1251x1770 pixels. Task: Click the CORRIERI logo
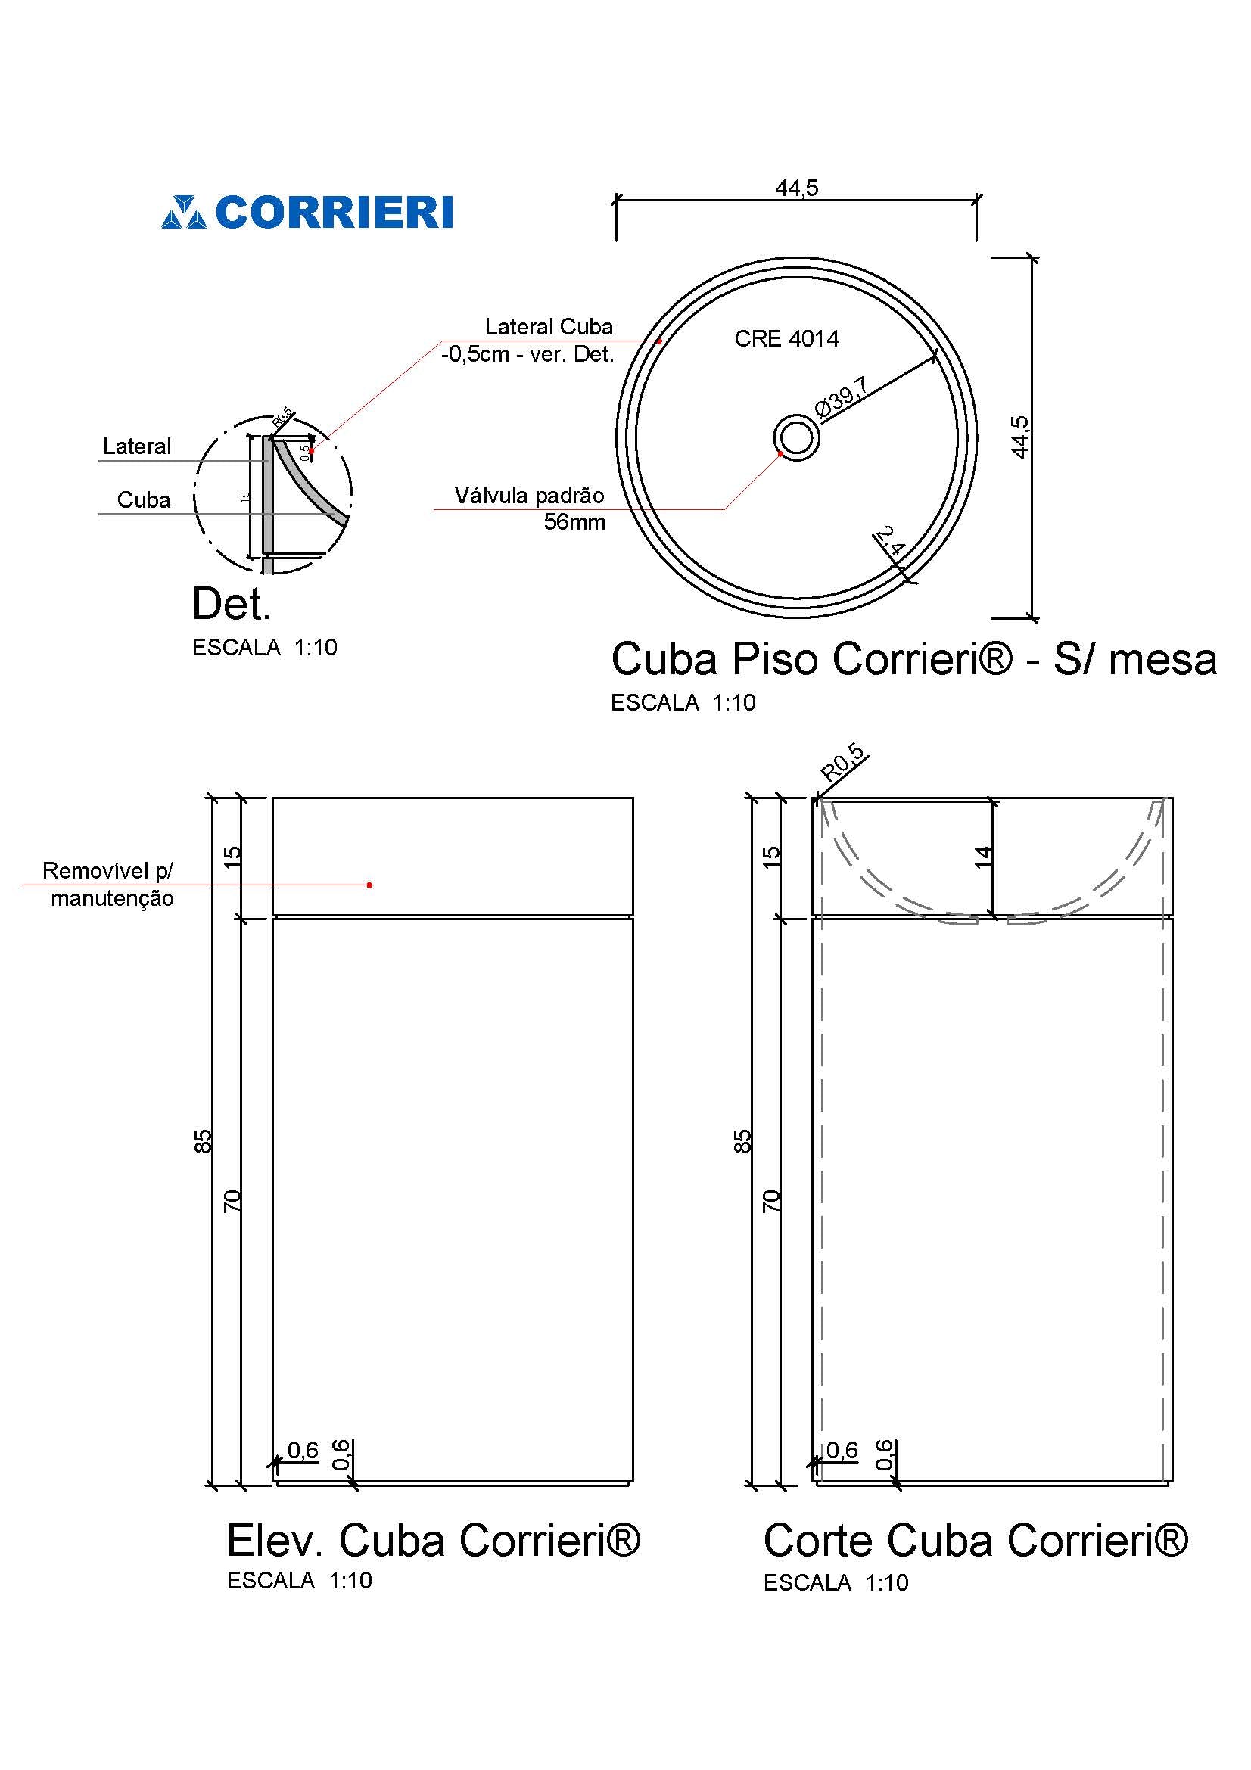pos(307,212)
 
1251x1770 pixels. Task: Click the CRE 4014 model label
pos(786,338)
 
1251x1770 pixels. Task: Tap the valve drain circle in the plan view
pos(796,438)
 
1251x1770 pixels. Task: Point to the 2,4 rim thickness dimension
pos(889,542)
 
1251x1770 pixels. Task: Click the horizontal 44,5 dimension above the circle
pos(796,188)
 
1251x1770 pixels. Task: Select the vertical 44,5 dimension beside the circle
pos(1019,437)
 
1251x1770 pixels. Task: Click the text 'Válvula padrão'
pos(529,496)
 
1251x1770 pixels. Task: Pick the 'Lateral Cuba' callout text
pos(549,327)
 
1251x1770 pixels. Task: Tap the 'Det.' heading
pos(231,605)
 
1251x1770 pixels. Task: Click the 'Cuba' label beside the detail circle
pos(143,500)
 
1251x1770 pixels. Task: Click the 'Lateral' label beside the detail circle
pos(137,446)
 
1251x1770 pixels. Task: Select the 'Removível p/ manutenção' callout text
pos(109,884)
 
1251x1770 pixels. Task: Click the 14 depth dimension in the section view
pos(983,857)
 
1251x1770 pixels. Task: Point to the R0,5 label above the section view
pos(842,762)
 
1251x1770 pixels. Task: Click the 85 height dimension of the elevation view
pos(202,1141)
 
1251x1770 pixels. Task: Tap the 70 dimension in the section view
pos(770,1201)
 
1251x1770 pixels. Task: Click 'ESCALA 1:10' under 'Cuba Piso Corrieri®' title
pos(683,702)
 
